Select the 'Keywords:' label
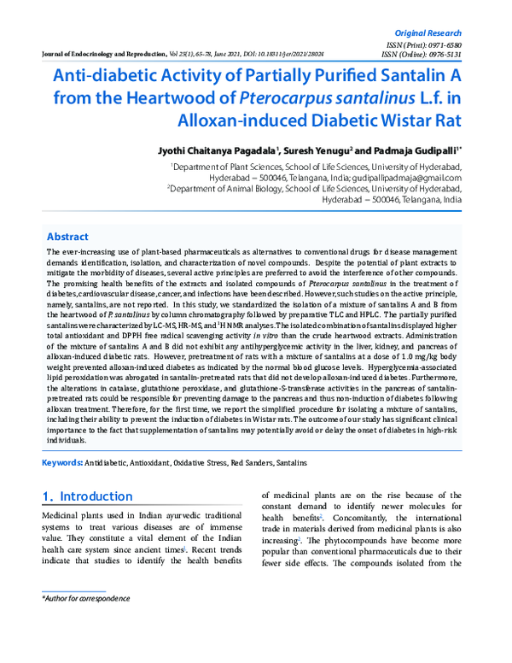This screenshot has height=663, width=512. click(62, 462)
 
